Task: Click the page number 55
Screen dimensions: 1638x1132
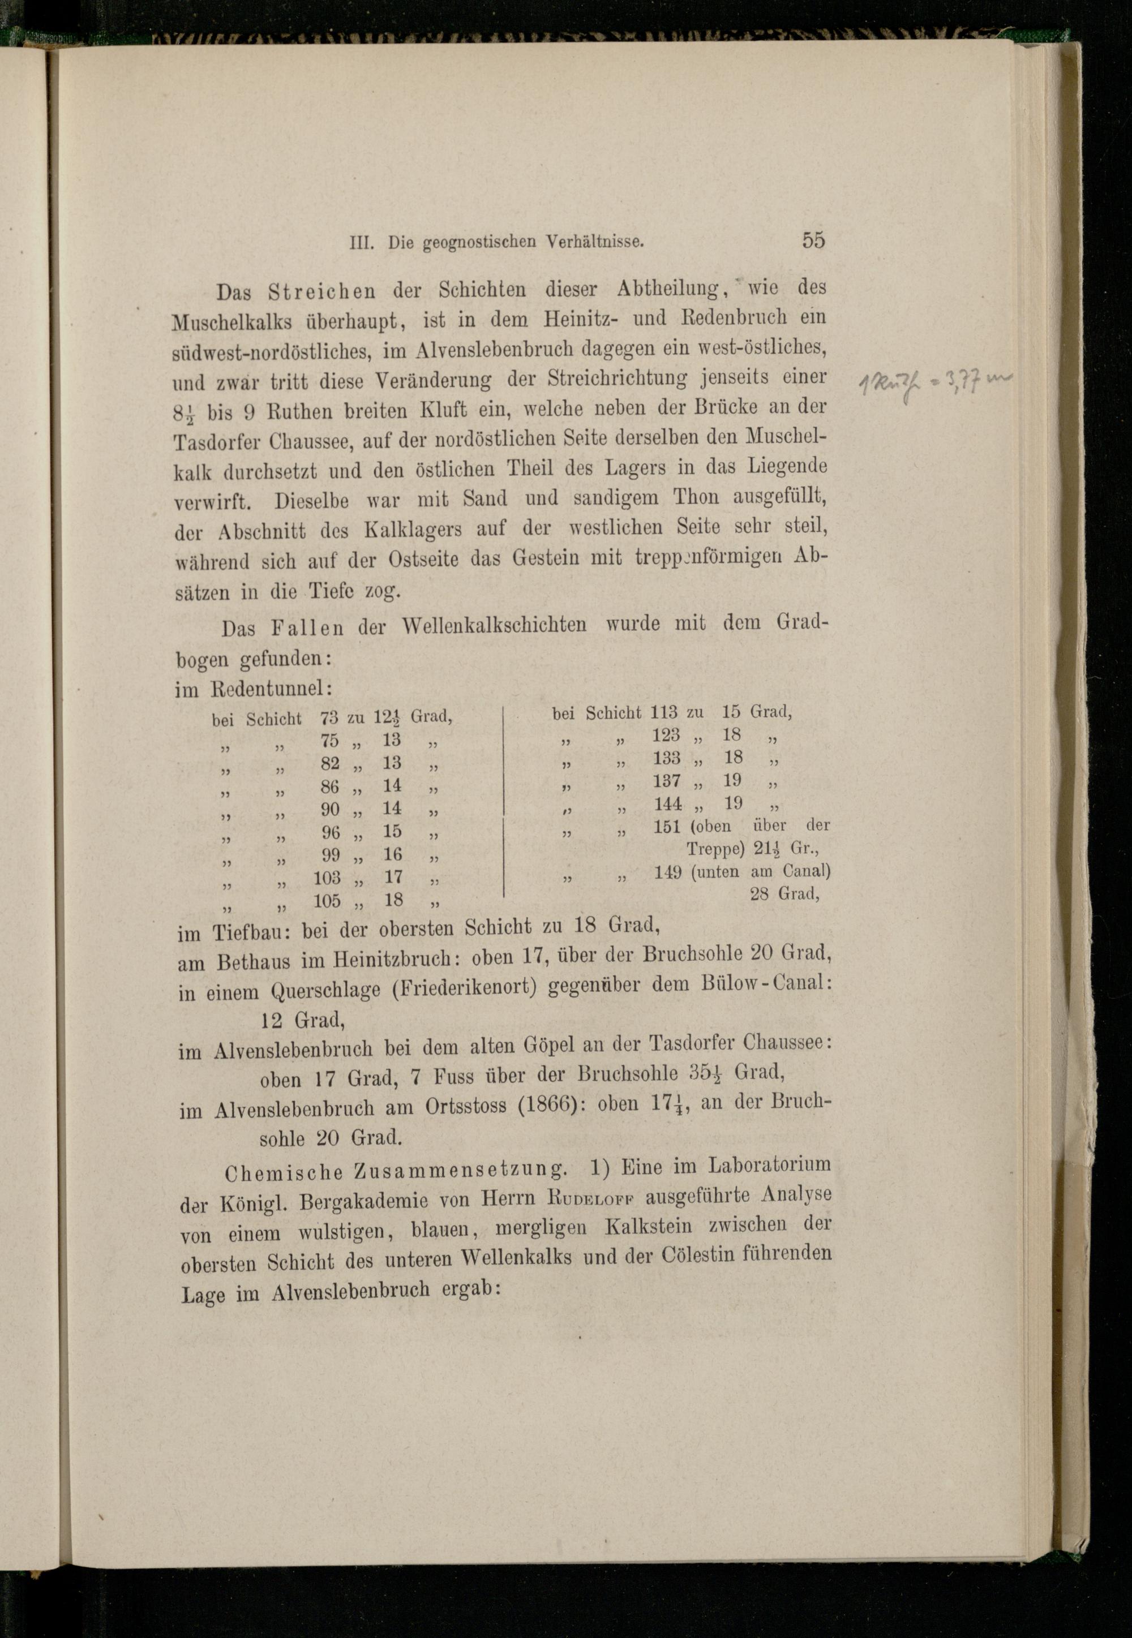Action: (813, 240)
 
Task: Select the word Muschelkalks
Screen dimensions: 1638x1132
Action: (232, 323)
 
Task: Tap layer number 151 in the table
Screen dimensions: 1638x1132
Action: (667, 827)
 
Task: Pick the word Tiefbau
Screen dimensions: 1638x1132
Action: (249, 933)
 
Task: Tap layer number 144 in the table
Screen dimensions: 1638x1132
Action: (667, 804)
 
